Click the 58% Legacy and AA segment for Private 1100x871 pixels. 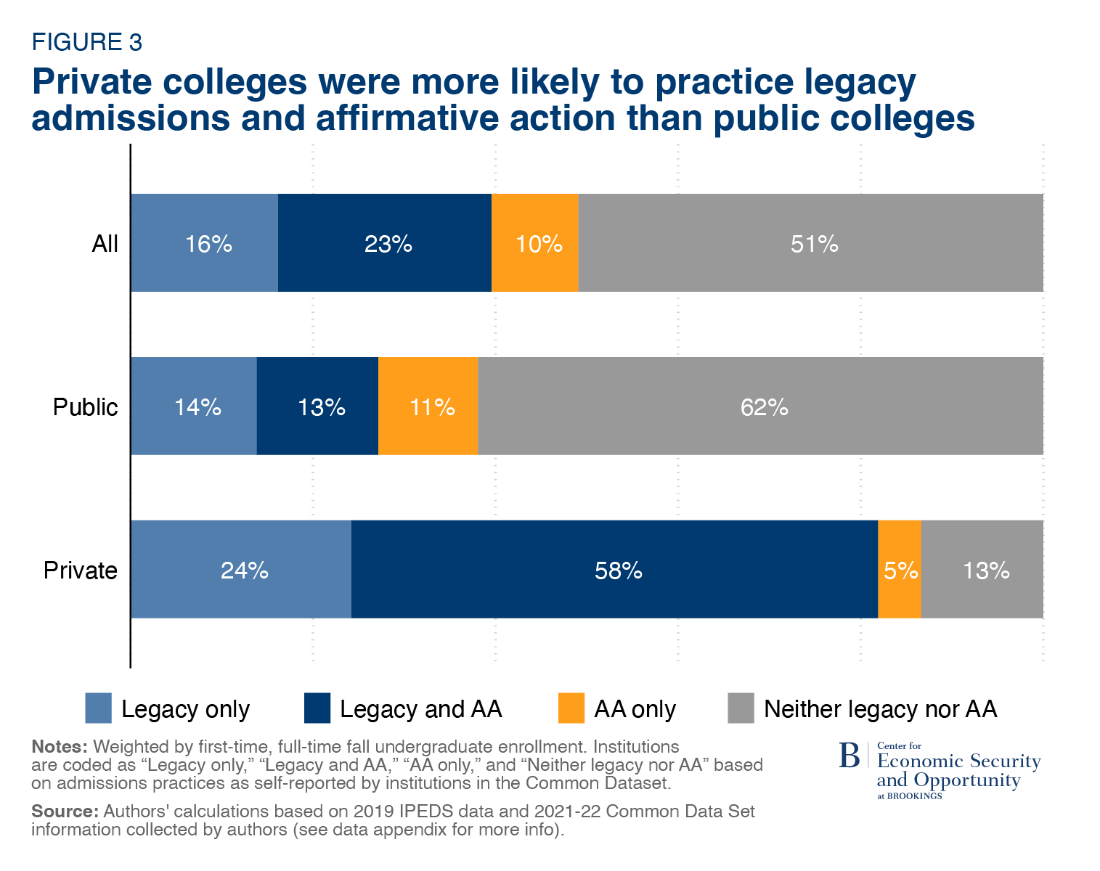614,570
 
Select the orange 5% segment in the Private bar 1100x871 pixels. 900,570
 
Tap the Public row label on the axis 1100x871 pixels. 85,407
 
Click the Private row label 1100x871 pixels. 80,571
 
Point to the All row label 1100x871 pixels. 105,244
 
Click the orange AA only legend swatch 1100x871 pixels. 571,708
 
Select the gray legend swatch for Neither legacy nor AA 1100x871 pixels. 741,708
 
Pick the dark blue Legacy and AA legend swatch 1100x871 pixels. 317,708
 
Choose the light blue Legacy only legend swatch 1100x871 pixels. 99,708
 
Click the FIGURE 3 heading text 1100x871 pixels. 86,43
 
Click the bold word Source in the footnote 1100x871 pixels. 64,811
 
